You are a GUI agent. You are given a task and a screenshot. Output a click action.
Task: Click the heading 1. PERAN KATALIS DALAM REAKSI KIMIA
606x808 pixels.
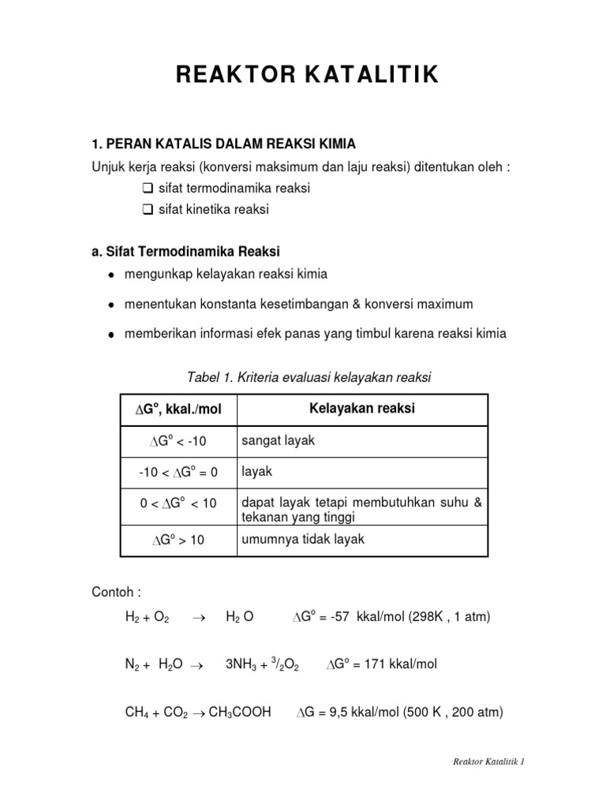(224, 144)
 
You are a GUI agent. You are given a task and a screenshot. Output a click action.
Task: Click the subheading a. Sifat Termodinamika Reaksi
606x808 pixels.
(186, 251)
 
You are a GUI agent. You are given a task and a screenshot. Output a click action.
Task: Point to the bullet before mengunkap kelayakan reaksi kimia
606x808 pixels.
(112, 275)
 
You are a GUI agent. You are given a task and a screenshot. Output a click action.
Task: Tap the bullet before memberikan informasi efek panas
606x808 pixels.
(112, 335)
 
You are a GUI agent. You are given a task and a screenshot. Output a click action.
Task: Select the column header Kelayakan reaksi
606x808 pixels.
(361, 409)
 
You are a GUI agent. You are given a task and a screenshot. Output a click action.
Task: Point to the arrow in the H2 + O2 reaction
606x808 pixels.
(198, 617)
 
